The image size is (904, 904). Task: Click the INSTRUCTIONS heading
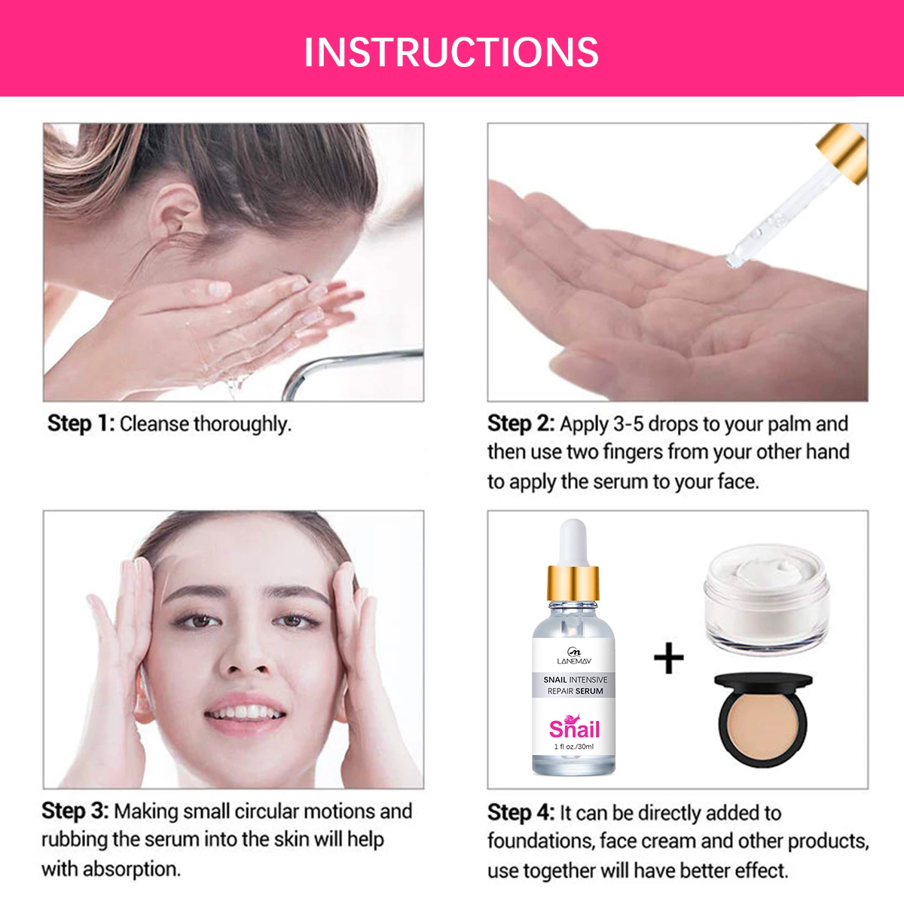point(451,51)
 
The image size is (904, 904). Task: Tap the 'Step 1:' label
point(81,423)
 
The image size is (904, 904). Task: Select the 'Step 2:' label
point(521,423)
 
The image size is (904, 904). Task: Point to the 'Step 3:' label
point(75,811)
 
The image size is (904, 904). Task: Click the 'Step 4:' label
point(521,812)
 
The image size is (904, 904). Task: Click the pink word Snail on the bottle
point(574,728)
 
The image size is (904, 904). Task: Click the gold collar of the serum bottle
point(573,581)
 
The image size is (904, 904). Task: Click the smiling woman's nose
point(246,655)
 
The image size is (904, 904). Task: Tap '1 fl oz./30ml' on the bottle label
point(574,747)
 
